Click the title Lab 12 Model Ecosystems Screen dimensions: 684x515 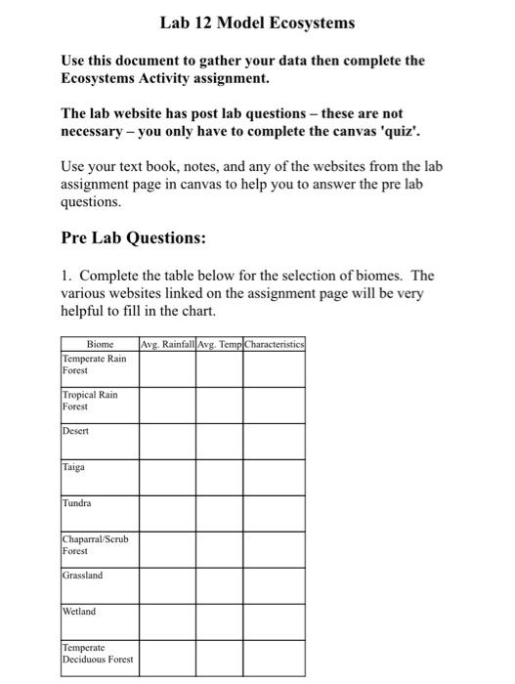coord(258,21)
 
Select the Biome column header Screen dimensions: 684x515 coord(100,344)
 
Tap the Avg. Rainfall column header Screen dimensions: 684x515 coord(167,344)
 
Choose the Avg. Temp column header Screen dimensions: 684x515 coord(219,344)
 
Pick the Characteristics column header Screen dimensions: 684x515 coord(275,344)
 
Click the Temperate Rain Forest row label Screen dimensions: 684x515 coord(94,364)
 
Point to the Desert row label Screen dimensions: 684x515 coord(75,431)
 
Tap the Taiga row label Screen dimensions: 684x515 coord(74,467)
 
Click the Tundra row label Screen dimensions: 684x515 coord(77,503)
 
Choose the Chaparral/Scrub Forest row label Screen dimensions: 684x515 coord(95,544)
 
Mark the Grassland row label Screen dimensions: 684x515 coord(82,576)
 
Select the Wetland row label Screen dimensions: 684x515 coord(79,612)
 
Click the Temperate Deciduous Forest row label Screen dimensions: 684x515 coord(98,654)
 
